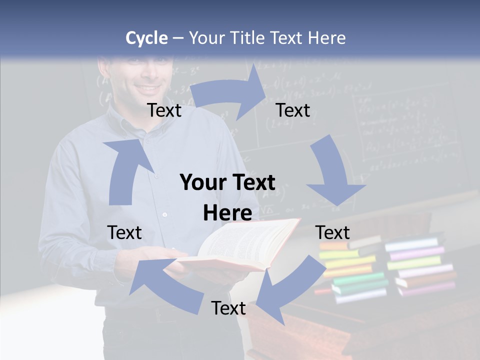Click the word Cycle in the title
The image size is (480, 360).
coord(146,38)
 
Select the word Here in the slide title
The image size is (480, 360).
coord(326,38)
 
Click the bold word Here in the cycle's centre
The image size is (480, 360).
coord(227,212)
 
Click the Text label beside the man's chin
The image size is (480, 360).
coord(164,110)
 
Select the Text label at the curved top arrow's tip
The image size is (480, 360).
coord(293,110)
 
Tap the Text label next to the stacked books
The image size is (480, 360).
coord(332,232)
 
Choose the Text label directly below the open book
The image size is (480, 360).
coord(228,308)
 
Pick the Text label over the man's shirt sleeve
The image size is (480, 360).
coord(124,232)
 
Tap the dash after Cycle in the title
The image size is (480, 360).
coord(177,38)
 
